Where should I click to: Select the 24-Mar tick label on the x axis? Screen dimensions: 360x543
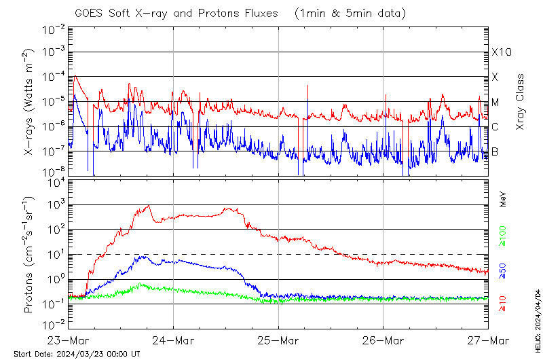point(173,340)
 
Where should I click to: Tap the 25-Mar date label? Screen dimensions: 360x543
point(278,340)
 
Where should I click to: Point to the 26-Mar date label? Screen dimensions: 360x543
point(383,340)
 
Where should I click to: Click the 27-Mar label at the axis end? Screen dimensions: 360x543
point(487,340)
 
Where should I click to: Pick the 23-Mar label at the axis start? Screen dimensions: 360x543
point(69,340)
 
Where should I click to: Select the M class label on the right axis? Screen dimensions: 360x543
point(495,103)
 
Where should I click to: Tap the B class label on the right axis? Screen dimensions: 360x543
point(495,151)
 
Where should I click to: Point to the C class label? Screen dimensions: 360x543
point(495,127)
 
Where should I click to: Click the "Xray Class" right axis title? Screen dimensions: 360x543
point(521,102)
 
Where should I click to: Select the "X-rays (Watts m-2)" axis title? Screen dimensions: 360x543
point(30,102)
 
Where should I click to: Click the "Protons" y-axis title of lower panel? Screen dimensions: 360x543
point(30,255)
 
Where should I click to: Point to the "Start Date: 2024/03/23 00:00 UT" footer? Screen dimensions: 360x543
point(77,354)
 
